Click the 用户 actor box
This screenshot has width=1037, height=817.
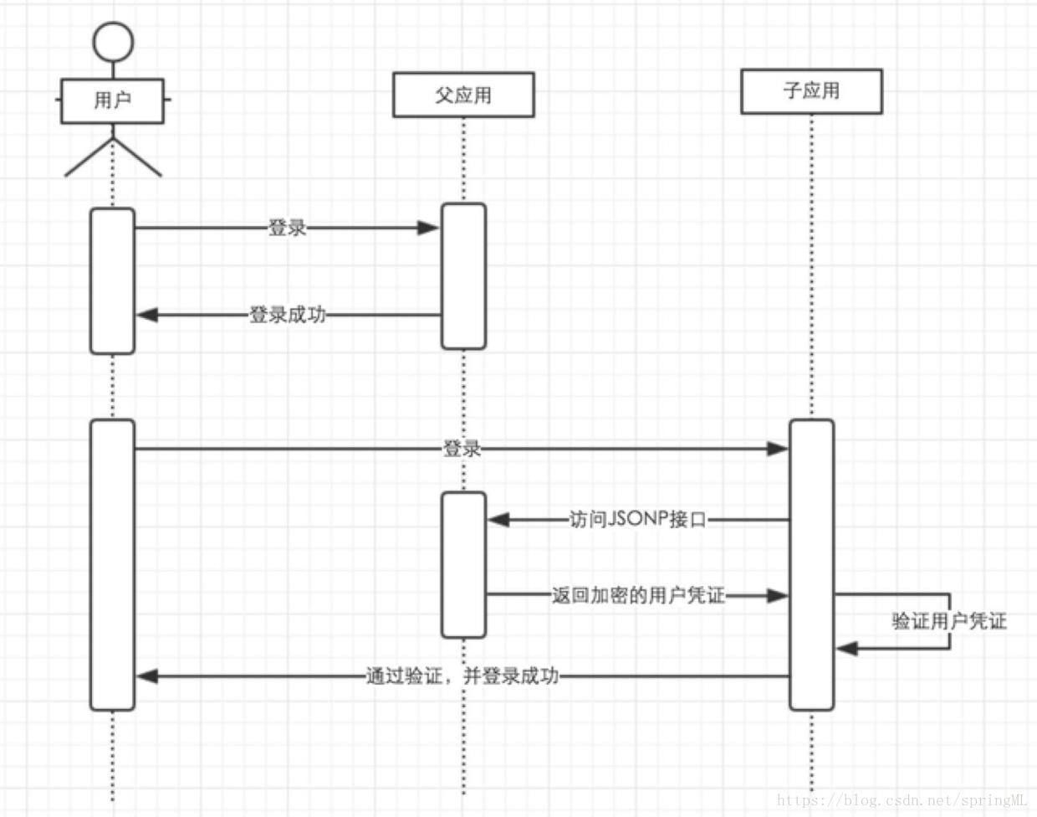(112, 100)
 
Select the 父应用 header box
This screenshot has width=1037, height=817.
(463, 95)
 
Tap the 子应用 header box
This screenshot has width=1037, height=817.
(811, 91)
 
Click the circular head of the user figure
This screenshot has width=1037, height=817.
(112, 42)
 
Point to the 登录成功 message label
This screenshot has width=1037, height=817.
(287, 316)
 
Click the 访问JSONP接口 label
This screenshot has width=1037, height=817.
(637, 520)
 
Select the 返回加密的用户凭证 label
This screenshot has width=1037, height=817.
(637, 596)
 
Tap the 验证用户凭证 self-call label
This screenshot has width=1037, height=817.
(948, 621)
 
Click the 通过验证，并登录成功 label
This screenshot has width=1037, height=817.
(462, 676)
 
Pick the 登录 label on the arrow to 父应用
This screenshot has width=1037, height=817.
(287, 227)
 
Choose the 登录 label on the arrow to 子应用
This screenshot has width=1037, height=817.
(462, 449)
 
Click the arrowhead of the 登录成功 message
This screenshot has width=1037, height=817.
(147, 316)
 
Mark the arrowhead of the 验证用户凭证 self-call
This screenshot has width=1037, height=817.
(846, 648)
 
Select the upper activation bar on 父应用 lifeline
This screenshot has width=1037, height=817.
(463, 276)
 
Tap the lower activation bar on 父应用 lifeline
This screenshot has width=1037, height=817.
(463, 565)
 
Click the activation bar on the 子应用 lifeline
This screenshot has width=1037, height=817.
(811, 565)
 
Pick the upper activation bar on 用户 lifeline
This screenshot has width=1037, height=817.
(112, 280)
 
